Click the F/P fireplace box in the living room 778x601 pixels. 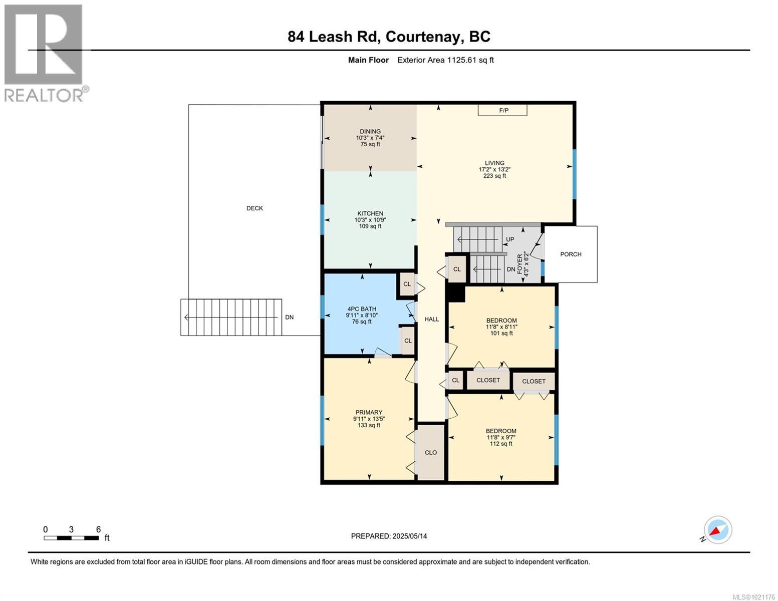coord(502,110)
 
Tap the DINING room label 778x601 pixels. coord(370,132)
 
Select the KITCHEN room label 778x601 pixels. coord(370,213)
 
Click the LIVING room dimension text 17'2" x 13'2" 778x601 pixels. coord(494,169)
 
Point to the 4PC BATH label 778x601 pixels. coord(361,309)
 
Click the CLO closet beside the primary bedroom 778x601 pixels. coord(431,452)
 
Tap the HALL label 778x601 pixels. coord(431,319)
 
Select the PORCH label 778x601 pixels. coord(571,254)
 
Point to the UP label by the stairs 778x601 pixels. coord(510,239)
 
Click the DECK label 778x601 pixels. coord(254,208)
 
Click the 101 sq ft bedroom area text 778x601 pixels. coord(501,333)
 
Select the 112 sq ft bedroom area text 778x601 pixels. coord(501,444)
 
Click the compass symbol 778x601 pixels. coord(717,530)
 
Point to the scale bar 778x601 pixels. coord(71,538)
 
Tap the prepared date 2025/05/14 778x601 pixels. coord(389,536)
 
